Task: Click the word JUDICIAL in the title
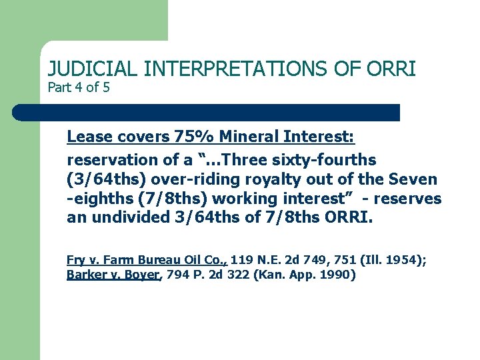(93, 69)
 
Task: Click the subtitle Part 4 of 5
(79, 87)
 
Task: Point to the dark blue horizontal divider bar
(207, 112)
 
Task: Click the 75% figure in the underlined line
(193, 137)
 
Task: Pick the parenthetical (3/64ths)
(107, 179)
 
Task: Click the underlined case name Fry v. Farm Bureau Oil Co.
(147, 260)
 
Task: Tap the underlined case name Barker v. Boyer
(113, 274)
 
